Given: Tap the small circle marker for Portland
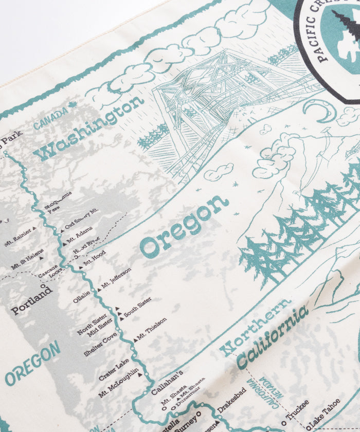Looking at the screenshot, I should point(43,286).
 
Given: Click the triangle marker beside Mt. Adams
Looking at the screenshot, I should point(63,243).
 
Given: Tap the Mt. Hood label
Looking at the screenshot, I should point(94,258).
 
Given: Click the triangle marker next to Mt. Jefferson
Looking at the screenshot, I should point(99,290).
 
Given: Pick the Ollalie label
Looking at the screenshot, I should point(81,298).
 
